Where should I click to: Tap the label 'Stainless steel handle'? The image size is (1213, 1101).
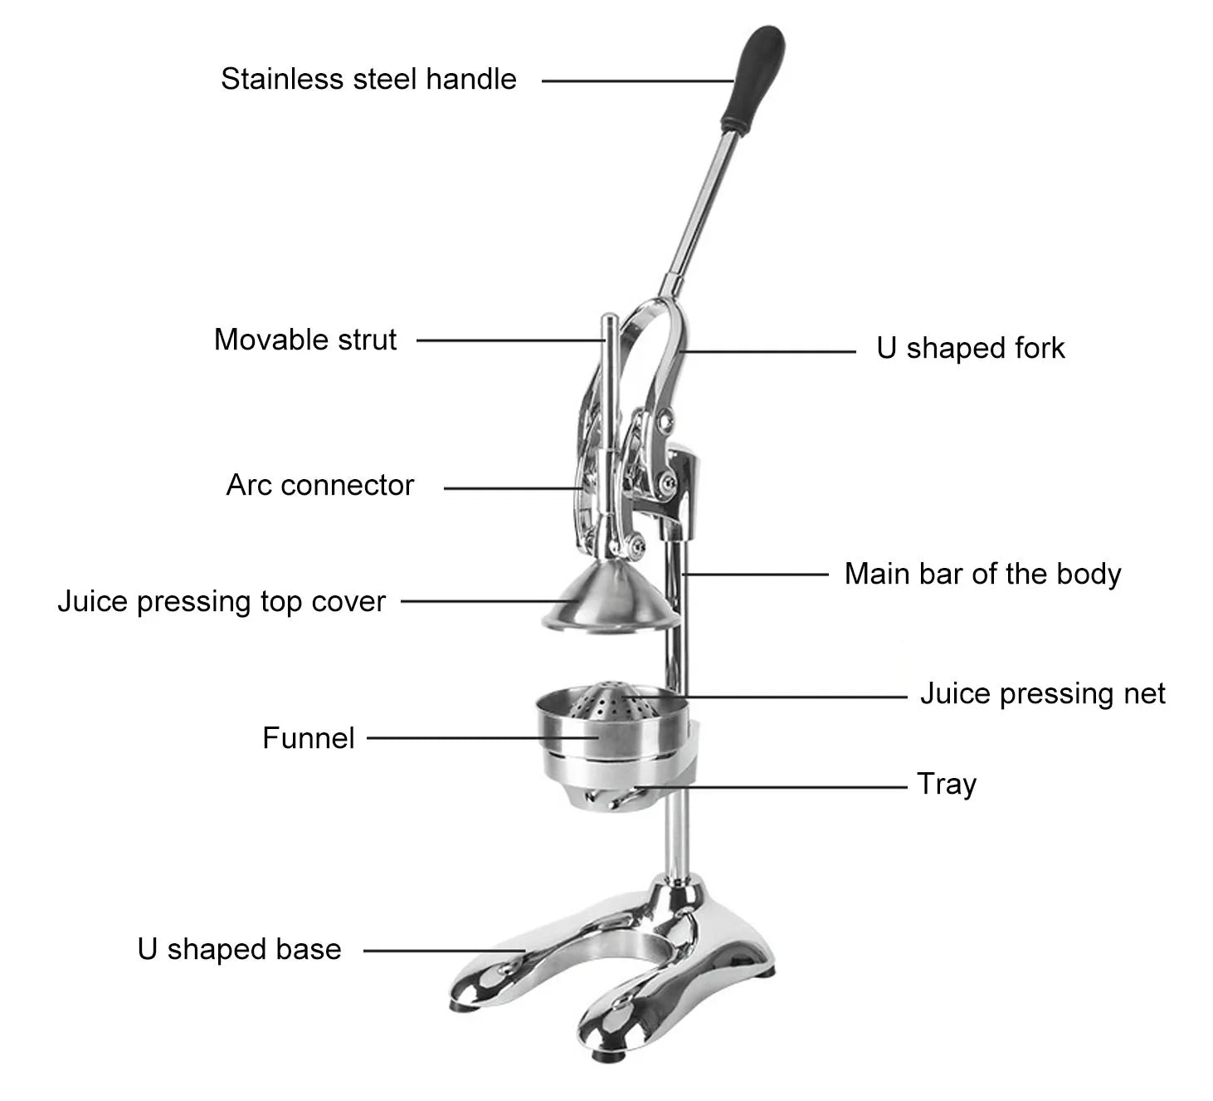click(x=368, y=79)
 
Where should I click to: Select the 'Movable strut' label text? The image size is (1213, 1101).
click(x=305, y=340)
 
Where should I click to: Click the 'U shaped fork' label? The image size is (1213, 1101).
click(x=970, y=348)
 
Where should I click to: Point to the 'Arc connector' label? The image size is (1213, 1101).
click(x=320, y=485)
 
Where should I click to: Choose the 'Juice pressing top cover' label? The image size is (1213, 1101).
click(x=222, y=601)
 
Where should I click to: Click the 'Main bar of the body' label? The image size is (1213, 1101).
click(x=982, y=574)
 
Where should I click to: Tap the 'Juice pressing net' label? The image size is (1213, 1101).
click(x=1042, y=693)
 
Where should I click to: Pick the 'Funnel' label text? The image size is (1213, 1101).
click(x=309, y=737)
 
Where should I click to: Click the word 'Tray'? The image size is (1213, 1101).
click(x=947, y=784)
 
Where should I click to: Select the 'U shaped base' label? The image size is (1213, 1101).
click(x=240, y=949)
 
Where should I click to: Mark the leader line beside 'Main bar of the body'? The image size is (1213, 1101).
click(x=755, y=574)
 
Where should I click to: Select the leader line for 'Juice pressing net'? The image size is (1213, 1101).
click(x=788, y=697)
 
